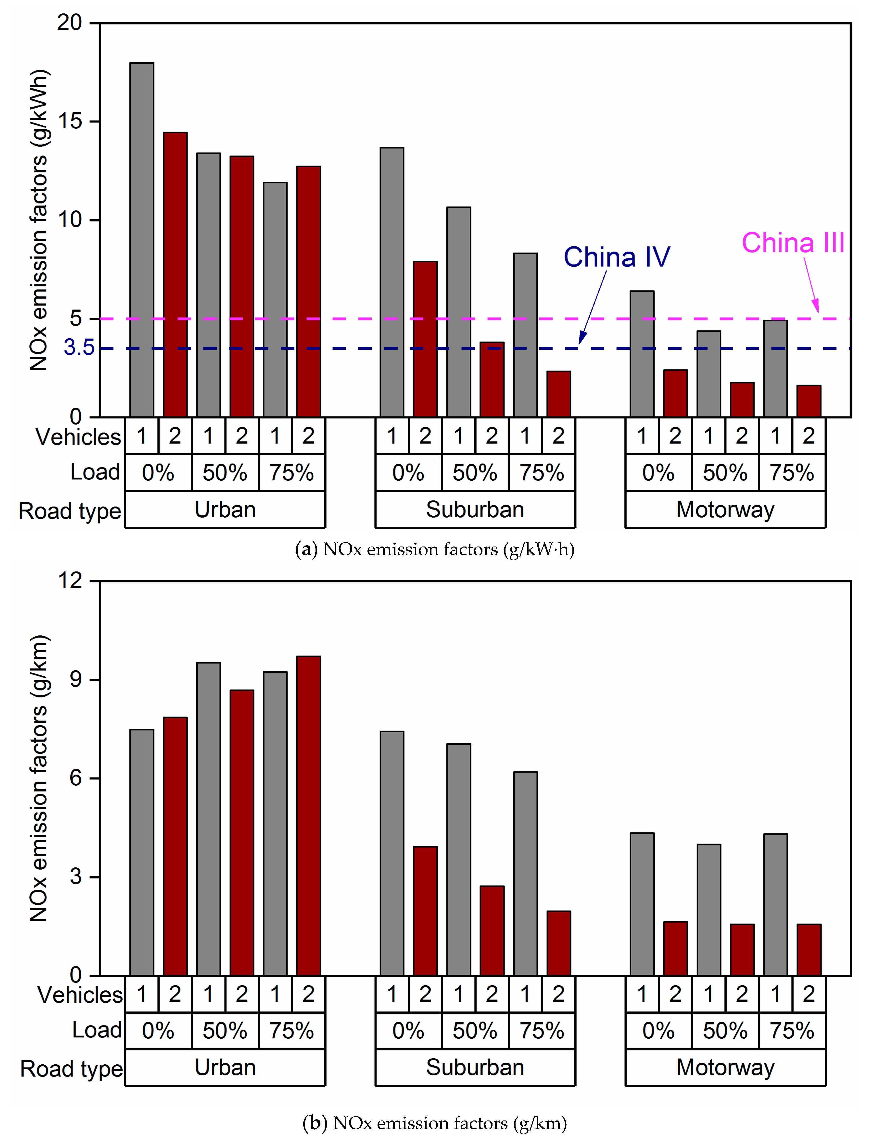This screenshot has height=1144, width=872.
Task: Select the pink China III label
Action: (793, 243)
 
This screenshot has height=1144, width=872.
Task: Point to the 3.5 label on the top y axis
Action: (79, 347)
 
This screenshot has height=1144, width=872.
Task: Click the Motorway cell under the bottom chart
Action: (725, 1067)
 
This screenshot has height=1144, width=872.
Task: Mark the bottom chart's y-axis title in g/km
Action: (39, 778)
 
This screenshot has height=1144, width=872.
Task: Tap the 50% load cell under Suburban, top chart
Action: (475, 473)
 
